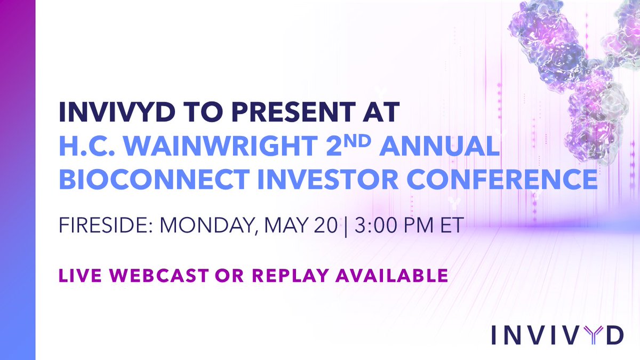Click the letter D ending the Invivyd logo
pos(614,335)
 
